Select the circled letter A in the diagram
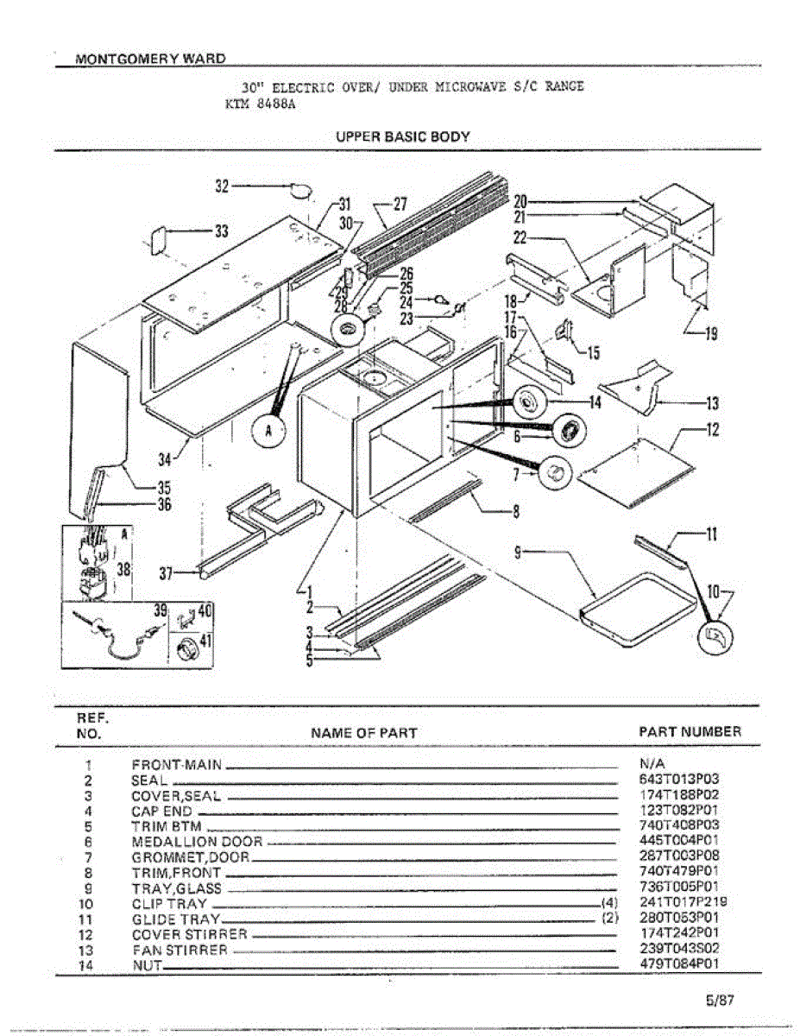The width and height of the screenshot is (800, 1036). (268, 433)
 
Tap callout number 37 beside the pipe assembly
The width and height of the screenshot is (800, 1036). (171, 571)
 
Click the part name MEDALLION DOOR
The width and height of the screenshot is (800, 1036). (197, 841)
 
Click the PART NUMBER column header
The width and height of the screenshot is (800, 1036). (690, 732)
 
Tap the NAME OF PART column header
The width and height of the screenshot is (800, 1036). (363, 733)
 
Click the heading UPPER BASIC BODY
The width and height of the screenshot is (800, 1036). (403, 136)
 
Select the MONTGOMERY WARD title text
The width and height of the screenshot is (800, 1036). (151, 60)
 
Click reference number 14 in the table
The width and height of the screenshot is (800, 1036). (89, 965)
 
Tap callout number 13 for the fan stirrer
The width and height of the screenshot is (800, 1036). (712, 402)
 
